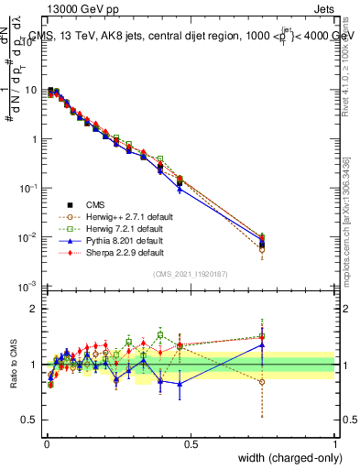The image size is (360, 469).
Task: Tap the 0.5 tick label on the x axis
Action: tap(191, 443)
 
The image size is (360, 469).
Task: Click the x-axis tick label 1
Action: tap(335, 443)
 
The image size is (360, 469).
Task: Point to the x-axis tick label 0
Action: tap(46, 443)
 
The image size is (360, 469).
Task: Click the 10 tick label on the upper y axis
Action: tap(32, 91)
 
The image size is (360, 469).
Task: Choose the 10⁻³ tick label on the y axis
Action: tap(30, 287)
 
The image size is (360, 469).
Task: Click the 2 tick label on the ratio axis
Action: tap(34, 309)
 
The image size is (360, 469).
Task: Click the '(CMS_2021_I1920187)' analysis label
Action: tap(190, 274)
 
